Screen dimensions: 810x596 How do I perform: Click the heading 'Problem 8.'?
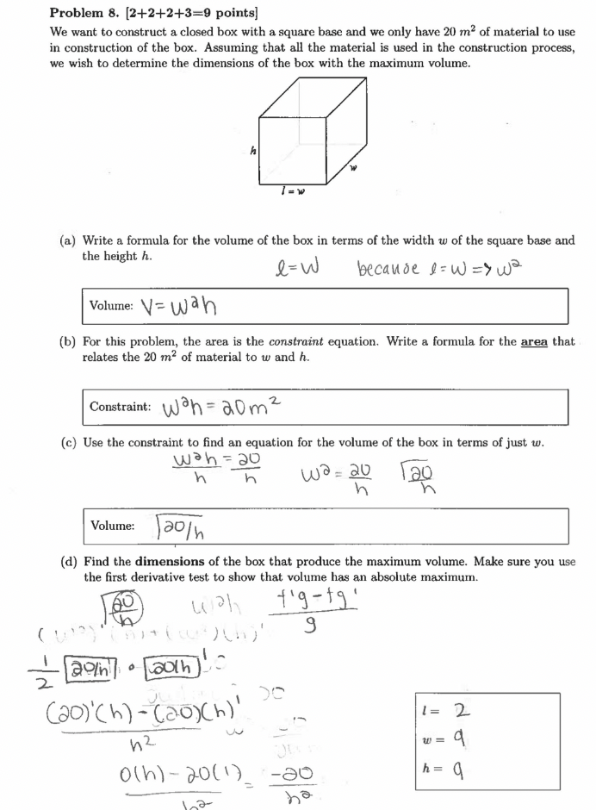pyautogui.click(x=89, y=13)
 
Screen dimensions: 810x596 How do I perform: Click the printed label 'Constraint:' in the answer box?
pyautogui.click(x=121, y=406)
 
